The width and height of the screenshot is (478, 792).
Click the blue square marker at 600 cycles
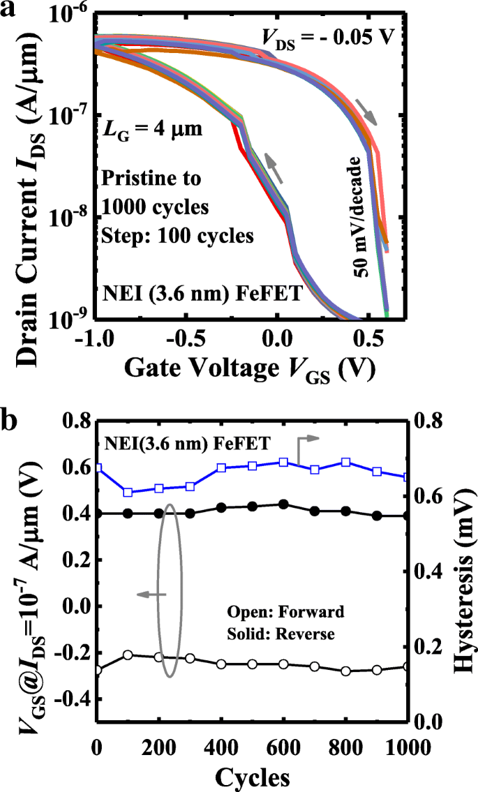283,463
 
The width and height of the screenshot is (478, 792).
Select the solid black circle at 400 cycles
221,507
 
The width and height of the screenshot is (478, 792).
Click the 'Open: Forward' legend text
285,613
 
